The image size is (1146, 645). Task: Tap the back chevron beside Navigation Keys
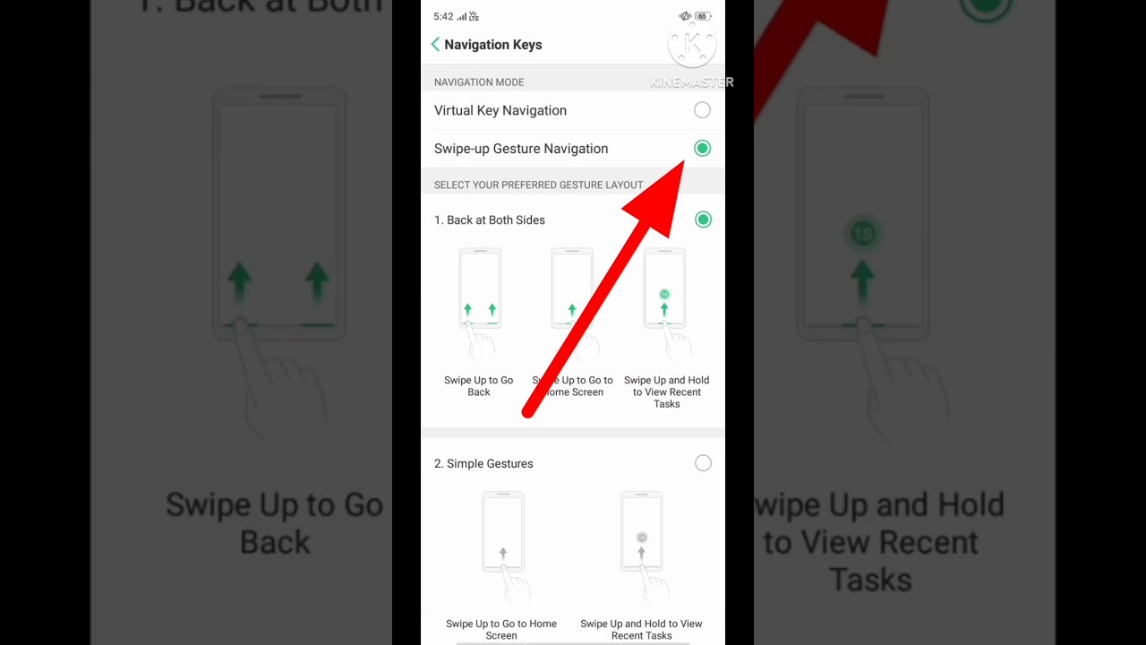(435, 45)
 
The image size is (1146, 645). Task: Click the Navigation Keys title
(492, 45)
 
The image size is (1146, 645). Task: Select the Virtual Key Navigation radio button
(702, 110)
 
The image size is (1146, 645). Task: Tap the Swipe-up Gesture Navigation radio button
(702, 149)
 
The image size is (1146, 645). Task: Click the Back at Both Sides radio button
(703, 219)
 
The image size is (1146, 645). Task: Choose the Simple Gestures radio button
(703, 463)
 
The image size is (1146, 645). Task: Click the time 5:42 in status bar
(443, 16)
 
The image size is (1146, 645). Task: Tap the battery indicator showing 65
(702, 16)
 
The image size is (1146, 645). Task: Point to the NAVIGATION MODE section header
(479, 82)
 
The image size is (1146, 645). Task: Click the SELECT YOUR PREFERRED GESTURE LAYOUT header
(538, 185)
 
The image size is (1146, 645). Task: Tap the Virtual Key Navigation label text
(500, 110)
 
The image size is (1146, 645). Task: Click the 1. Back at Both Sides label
(490, 219)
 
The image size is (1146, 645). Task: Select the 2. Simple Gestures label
(483, 463)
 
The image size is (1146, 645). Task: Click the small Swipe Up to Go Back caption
(479, 386)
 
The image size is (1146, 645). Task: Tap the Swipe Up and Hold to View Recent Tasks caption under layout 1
(666, 391)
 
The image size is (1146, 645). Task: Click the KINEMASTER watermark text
(691, 82)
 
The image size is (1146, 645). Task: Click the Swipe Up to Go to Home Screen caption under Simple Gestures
(501, 629)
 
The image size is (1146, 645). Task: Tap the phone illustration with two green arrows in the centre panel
(480, 289)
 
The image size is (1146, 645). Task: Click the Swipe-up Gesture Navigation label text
(521, 149)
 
